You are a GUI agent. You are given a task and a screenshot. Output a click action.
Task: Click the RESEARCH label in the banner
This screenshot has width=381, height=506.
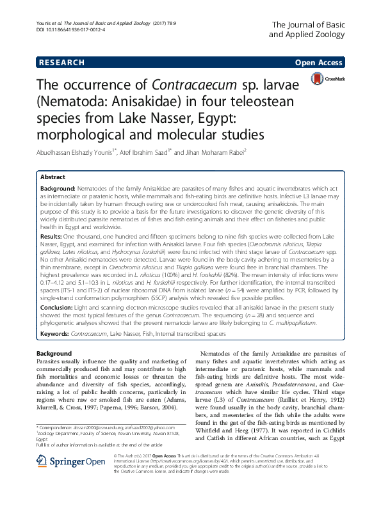[x=61, y=62]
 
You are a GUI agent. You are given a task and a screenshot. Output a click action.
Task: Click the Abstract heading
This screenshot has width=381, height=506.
[x=53, y=177]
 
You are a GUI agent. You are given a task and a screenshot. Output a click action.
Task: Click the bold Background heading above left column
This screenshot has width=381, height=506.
[x=54, y=353]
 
